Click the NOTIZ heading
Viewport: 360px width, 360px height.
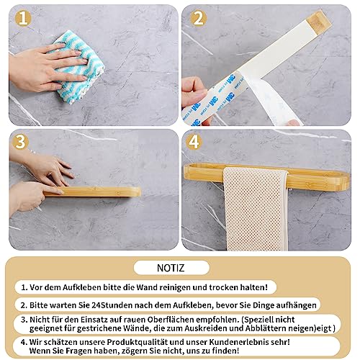tap(179, 267)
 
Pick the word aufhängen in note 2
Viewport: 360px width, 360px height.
tap(294, 305)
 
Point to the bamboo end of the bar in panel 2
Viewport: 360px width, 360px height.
tap(318, 21)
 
